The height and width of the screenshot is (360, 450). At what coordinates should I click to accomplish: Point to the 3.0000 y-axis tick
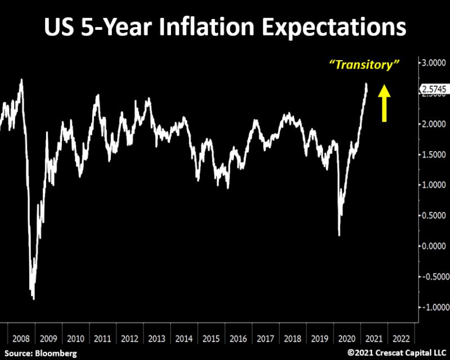click(x=434, y=63)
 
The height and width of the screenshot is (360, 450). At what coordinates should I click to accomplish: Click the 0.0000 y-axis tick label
click(x=434, y=246)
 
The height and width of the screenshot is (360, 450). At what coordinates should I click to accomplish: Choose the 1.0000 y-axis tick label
click(x=434, y=185)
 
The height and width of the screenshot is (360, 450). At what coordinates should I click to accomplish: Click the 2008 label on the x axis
click(x=21, y=339)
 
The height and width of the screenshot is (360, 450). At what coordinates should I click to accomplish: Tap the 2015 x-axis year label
click(x=210, y=339)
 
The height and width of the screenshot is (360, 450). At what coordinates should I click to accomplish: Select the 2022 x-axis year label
click(x=400, y=339)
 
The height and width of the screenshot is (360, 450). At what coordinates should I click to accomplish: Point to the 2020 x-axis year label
click(x=346, y=339)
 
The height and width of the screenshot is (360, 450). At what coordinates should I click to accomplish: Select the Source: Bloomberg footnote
click(x=39, y=353)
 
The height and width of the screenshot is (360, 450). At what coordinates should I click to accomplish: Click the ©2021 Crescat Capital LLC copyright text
click(x=397, y=353)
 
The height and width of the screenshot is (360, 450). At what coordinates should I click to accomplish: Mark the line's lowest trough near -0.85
click(x=34, y=299)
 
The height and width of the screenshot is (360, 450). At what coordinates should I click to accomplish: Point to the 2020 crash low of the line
click(x=339, y=235)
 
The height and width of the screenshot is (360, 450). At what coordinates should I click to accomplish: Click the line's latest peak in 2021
click(x=366, y=84)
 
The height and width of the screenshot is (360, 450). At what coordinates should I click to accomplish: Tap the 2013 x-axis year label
click(x=156, y=339)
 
